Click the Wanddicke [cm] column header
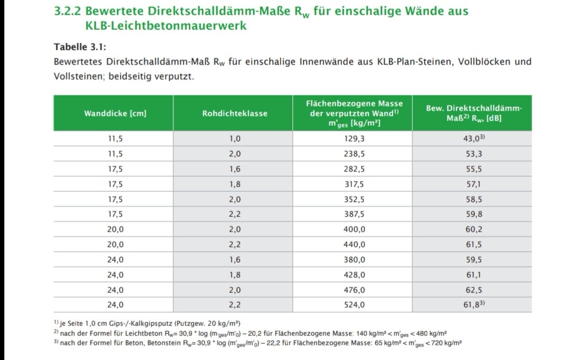115,113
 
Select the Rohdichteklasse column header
234,113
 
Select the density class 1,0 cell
234,139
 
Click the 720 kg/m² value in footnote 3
447,343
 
